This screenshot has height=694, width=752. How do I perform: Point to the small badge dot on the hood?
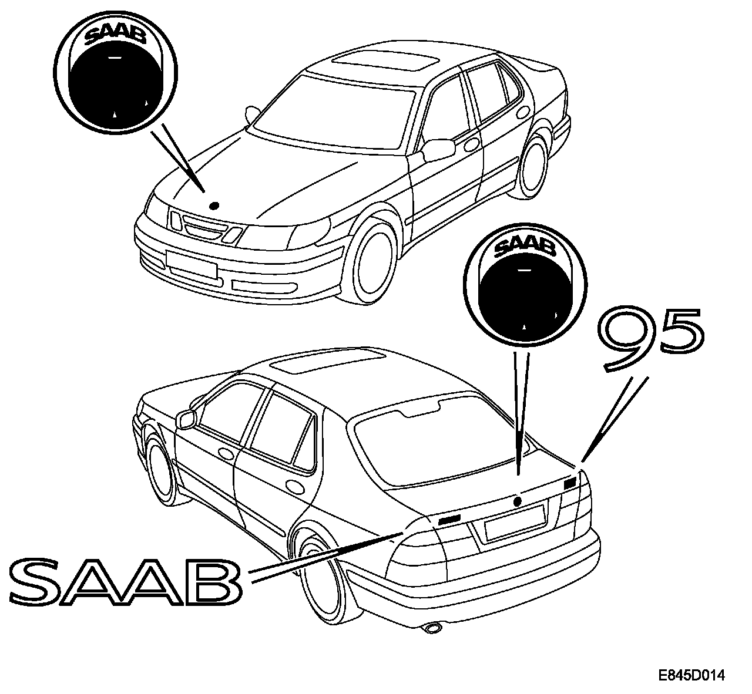(x=214, y=205)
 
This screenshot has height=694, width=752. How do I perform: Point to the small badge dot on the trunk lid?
(x=517, y=501)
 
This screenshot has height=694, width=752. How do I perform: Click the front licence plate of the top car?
(x=192, y=263)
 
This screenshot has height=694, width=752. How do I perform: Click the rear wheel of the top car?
(x=535, y=163)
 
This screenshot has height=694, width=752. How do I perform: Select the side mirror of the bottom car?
(x=186, y=419)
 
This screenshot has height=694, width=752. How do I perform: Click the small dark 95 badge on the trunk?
(x=569, y=484)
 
